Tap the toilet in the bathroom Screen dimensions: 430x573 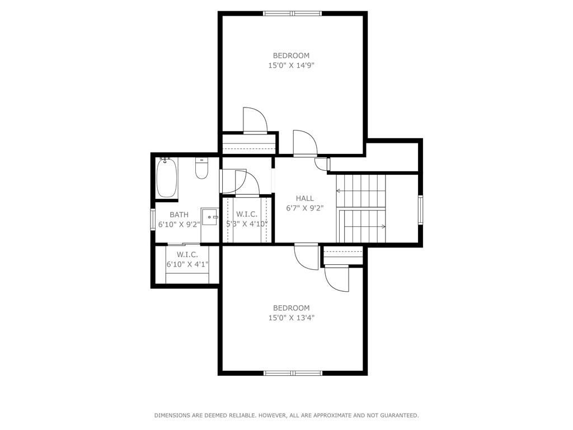click(201, 168)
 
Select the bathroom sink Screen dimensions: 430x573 click(210, 216)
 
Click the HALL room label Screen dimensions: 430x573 click(305, 198)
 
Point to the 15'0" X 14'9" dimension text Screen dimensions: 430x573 click(291, 66)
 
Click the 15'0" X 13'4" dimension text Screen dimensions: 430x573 click(291, 318)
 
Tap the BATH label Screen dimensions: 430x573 click(179, 214)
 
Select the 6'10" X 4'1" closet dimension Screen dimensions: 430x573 click(187, 264)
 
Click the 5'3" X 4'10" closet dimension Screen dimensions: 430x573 click(247, 224)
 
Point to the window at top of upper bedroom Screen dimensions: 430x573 click(292, 13)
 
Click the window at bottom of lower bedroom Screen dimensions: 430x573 click(292, 373)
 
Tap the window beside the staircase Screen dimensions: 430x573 click(420, 209)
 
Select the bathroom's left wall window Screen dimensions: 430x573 click(152, 219)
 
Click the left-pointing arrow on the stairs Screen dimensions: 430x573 click(339, 191)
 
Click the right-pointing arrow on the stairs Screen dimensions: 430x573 click(382, 227)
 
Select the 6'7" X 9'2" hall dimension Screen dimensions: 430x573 click(305, 208)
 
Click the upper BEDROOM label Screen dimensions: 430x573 click(291, 55)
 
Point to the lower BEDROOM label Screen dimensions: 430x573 click(291, 308)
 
